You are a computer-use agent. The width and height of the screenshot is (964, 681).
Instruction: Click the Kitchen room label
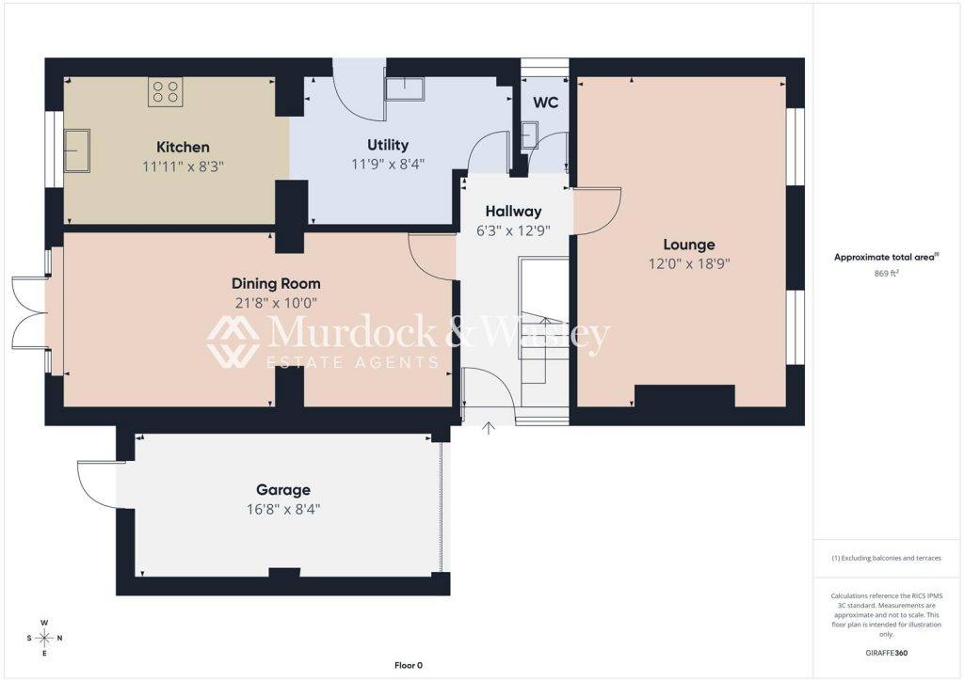point(183,147)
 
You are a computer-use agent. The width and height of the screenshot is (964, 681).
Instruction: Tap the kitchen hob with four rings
point(166,92)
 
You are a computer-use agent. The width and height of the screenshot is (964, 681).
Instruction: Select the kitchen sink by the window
point(77,150)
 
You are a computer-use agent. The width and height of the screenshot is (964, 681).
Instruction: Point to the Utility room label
point(387,145)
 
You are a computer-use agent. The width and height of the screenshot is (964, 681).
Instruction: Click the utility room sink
point(405,89)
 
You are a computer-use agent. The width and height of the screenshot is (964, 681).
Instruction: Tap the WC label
point(545,103)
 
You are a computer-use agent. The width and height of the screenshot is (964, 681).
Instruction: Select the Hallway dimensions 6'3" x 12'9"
point(513,230)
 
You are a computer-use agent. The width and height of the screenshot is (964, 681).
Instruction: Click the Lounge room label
point(688,245)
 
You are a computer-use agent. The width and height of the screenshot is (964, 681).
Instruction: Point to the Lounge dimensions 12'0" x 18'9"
point(688,264)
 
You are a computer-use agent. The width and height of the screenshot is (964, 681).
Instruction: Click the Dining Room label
point(276,284)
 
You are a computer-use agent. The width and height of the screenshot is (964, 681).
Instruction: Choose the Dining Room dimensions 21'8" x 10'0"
point(276,303)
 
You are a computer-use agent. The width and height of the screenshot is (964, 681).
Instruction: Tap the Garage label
point(282,490)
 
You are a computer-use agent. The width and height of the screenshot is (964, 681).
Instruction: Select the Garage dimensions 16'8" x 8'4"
point(282,509)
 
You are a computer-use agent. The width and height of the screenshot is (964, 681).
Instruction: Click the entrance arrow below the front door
point(489,428)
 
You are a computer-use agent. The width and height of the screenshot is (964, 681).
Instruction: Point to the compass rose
point(44,638)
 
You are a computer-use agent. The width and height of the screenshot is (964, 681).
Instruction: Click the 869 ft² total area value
point(886,274)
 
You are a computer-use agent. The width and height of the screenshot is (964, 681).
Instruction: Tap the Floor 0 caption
point(409,665)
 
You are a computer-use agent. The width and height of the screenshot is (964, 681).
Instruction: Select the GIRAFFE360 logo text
point(886,653)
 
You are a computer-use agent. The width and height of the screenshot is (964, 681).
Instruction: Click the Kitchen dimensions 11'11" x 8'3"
point(183,166)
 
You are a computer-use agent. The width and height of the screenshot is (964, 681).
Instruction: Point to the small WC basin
point(529,135)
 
